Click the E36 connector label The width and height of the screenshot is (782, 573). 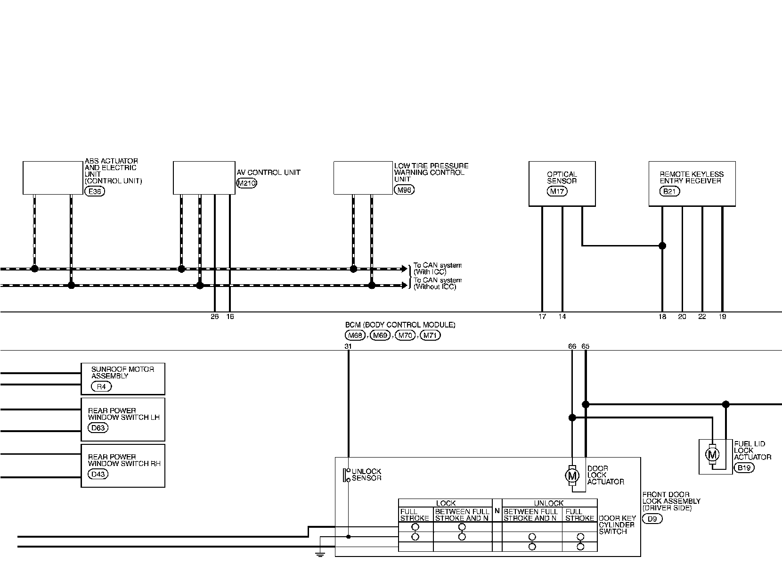click(x=95, y=191)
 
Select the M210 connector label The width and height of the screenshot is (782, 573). click(x=246, y=184)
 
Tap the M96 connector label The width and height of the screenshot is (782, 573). click(x=404, y=190)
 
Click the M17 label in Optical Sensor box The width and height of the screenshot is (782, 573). click(x=557, y=191)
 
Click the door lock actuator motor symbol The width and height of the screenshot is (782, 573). click(x=572, y=475)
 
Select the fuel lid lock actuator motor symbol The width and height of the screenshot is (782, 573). click(x=712, y=455)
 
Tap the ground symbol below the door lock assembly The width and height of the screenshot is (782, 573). click(x=320, y=554)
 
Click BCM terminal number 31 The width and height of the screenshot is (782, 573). click(x=348, y=346)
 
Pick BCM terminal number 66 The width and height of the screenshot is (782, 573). click(x=572, y=346)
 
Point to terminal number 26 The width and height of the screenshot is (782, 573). click(x=215, y=317)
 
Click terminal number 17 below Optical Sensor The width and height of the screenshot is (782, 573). click(x=542, y=317)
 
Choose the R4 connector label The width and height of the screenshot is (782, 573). click(x=101, y=386)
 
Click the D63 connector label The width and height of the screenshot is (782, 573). click(x=98, y=428)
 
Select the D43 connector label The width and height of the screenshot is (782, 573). click(x=98, y=474)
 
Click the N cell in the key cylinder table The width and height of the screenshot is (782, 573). click(x=497, y=510)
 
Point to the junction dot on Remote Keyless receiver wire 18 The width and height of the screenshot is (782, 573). click(x=662, y=246)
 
